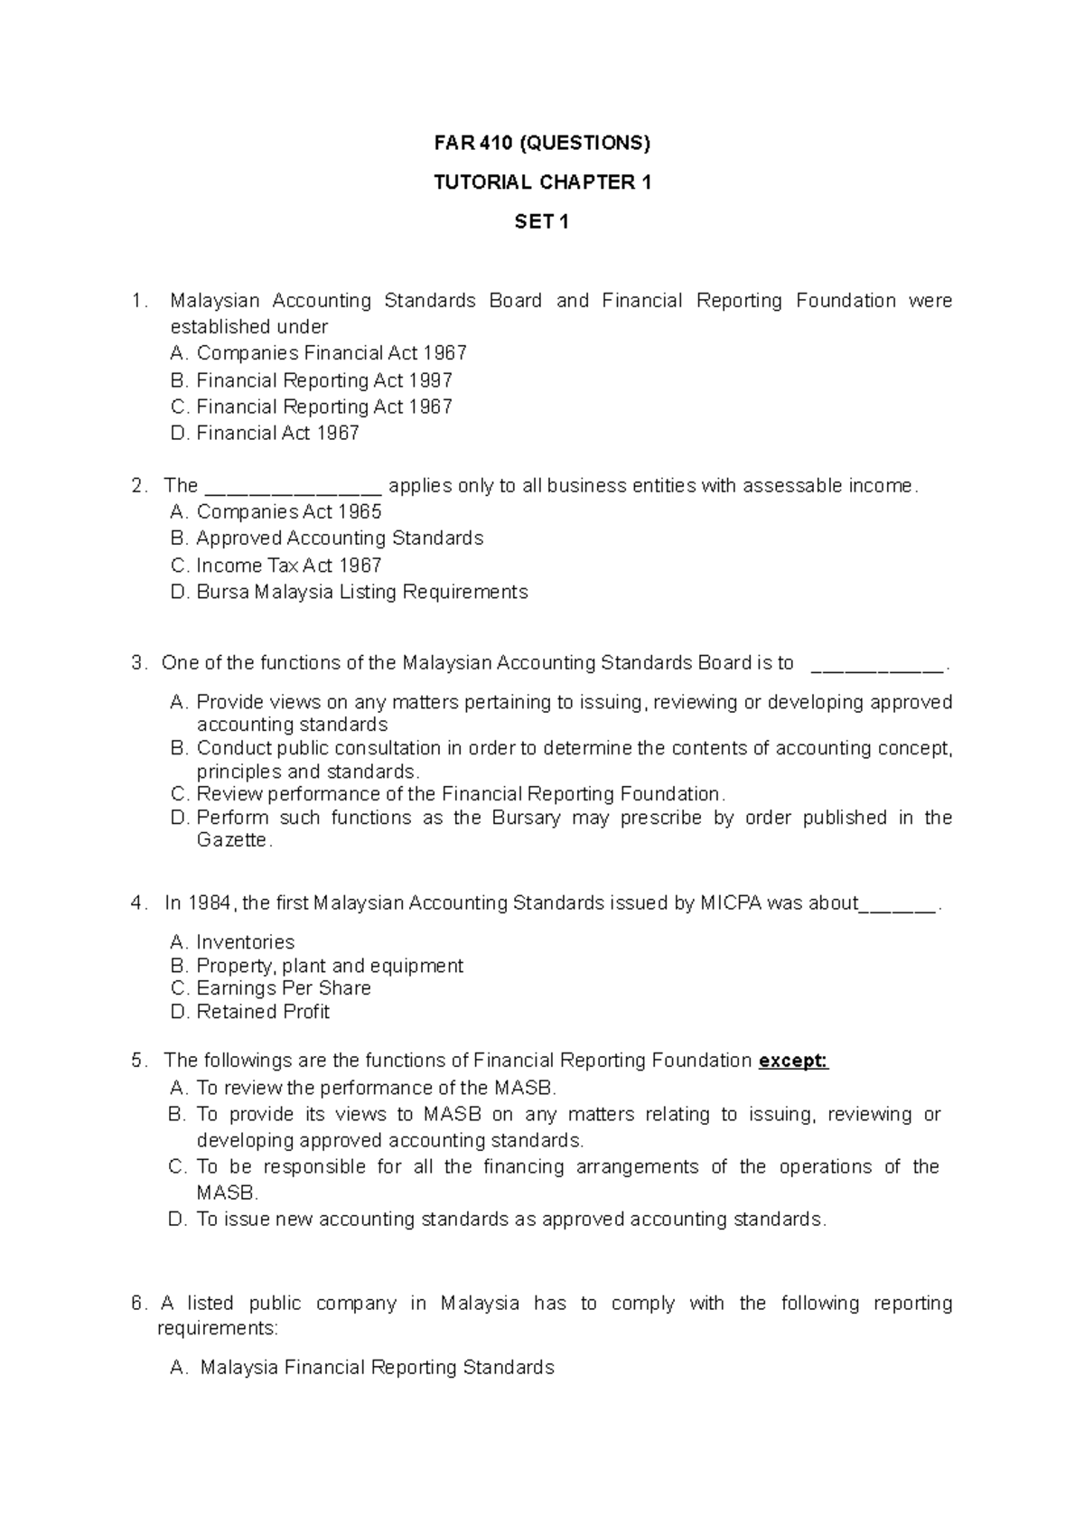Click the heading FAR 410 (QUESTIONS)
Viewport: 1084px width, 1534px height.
click(x=541, y=143)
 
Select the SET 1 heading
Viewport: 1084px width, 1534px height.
click(x=541, y=221)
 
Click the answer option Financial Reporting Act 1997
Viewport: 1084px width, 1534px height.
click(x=323, y=380)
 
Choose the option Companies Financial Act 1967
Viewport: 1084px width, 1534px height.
click(x=331, y=353)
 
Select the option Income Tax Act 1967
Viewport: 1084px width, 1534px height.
click(x=288, y=566)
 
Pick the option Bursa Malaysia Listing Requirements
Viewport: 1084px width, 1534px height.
click(x=361, y=593)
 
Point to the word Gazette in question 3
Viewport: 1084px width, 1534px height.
click(x=233, y=840)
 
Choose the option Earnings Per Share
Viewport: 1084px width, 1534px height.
click(x=283, y=988)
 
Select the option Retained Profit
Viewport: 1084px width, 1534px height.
click(x=262, y=1012)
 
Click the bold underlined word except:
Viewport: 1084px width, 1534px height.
click(x=793, y=1061)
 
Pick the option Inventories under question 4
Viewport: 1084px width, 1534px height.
click(x=245, y=942)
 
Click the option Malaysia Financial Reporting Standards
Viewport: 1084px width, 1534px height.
click(x=377, y=1368)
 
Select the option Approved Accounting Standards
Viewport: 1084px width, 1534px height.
click(x=339, y=538)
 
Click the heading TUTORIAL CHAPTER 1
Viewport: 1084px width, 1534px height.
click(x=541, y=182)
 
